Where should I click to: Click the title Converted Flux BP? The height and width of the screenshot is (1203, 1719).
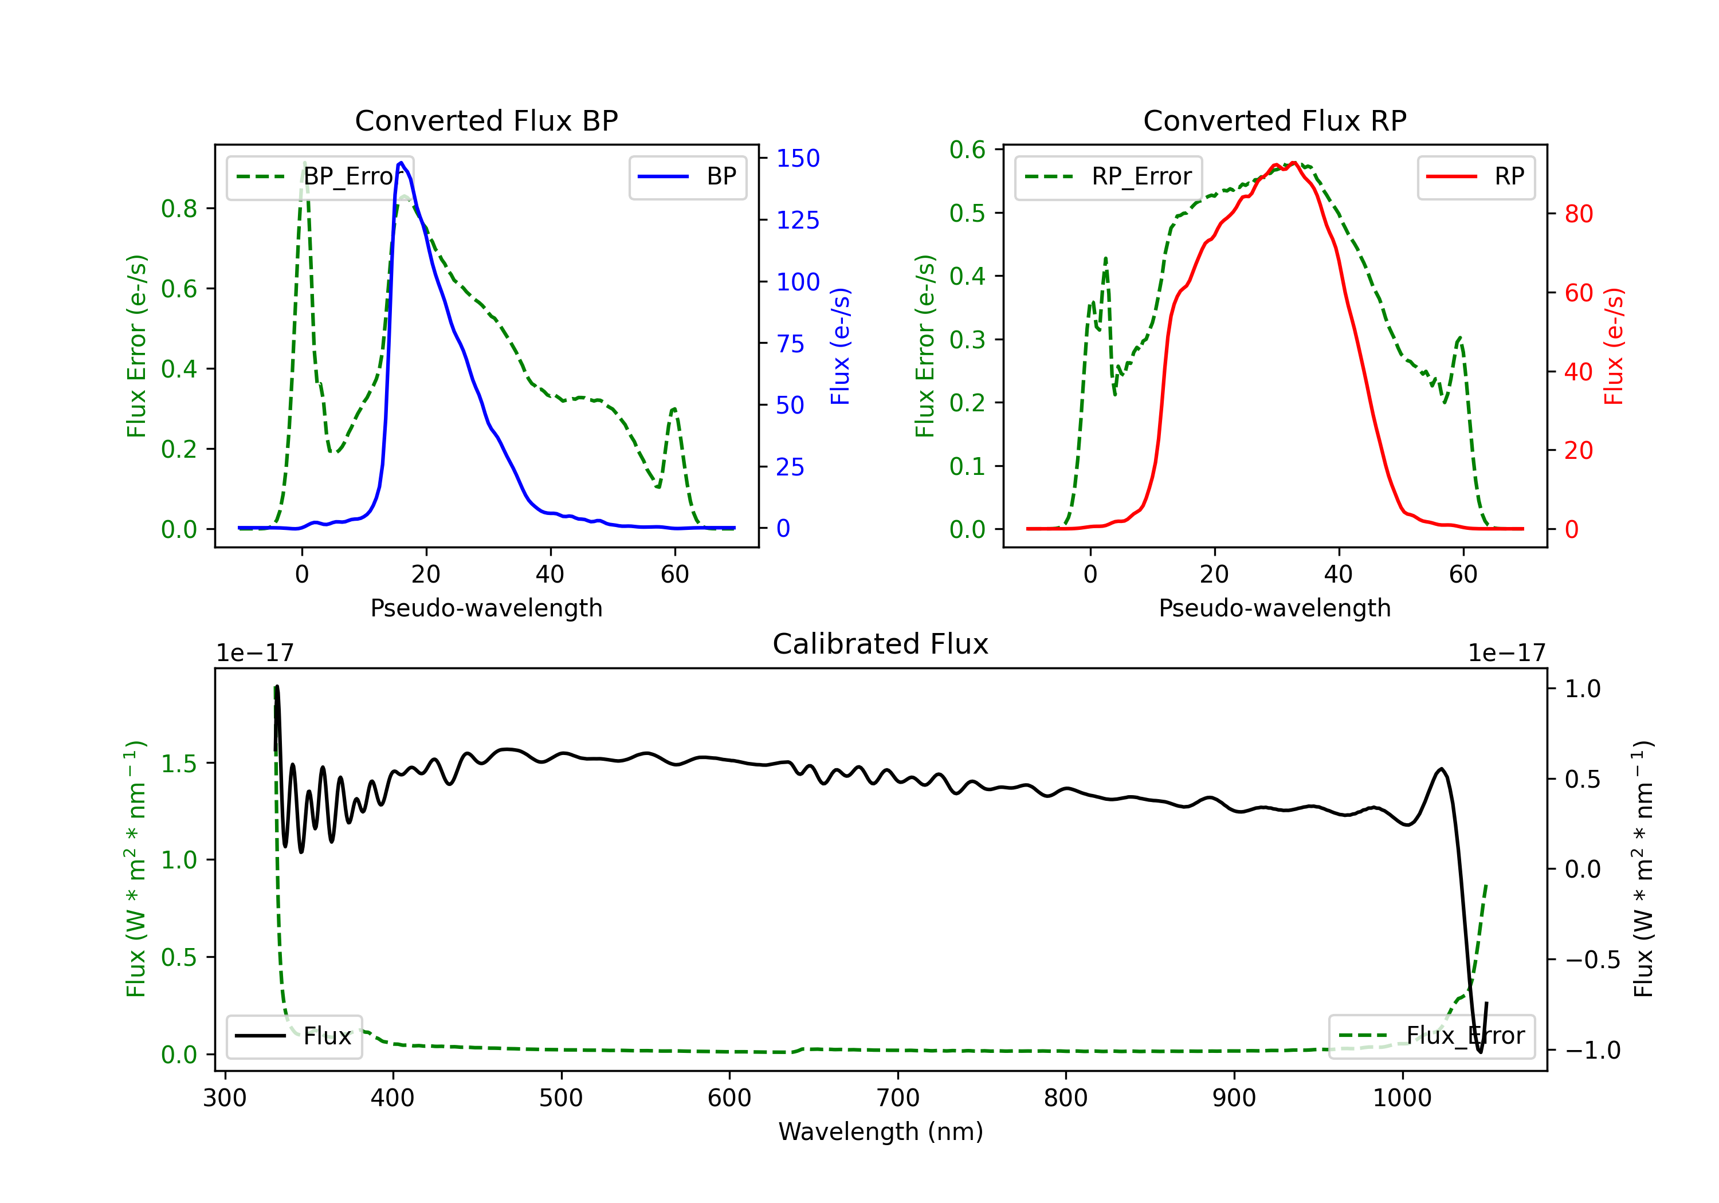tap(486, 120)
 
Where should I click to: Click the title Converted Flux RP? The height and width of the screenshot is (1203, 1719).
tap(1274, 120)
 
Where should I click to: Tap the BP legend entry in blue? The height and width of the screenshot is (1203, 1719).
tap(688, 176)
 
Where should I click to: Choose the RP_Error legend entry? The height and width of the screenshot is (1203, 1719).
tap(1108, 176)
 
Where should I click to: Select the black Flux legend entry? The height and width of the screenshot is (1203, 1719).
tap(295, 1036)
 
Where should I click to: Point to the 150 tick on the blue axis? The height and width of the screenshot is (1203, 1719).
tap(798, 158)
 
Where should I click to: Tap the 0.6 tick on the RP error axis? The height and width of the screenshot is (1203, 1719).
tap(967, 150)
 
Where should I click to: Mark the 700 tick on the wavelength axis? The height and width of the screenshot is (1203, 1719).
tap(898, 1098)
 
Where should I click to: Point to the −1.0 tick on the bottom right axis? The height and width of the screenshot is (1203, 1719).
tap(1592, 1050)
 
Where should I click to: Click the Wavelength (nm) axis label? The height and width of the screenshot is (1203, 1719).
tap(881, 1131)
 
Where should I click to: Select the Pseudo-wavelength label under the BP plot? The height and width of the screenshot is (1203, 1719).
tap(486, 608)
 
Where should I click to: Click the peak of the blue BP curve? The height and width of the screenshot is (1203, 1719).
tap(401, 163)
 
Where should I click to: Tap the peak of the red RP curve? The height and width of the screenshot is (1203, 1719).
tap(1293, 163)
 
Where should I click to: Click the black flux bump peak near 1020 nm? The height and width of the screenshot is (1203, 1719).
tap(1441, 769)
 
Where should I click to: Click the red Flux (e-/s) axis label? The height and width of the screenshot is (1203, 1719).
tap(1614, 346)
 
